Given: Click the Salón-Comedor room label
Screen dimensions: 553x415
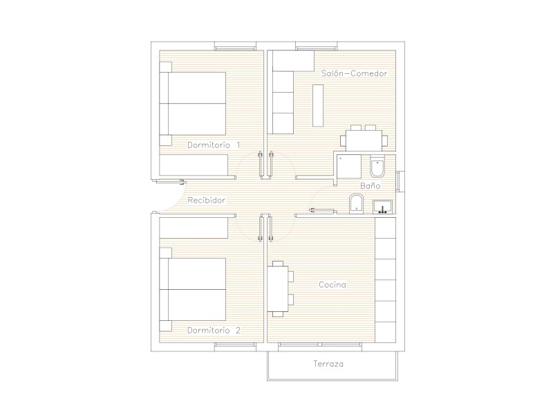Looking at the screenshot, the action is tap(354, 73).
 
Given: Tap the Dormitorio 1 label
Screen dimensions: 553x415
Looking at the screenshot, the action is tap(214, 145).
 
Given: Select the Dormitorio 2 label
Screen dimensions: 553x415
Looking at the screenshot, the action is tap(214, 331).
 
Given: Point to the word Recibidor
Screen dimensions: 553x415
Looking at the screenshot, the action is tap(206, 201).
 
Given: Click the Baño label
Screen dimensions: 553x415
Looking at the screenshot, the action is tap(371, 185).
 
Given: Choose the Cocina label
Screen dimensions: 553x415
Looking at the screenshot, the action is tap(332, 285).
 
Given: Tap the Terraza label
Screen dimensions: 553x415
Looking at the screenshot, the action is tap(328, 364).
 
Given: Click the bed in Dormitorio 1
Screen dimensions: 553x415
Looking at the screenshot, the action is tap(193, 103).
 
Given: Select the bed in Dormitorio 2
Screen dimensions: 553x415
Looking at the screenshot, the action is tap(193, 289).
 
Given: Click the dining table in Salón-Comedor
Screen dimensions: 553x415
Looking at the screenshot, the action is tap(364, 140).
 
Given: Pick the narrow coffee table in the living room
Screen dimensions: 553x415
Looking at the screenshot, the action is tap(318, 106).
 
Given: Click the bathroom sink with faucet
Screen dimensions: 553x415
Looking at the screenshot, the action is tap(382, 207).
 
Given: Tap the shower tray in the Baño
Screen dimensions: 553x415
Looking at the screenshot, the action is tap(349, 166).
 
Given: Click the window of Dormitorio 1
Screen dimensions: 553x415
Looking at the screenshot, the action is tap(235, 46).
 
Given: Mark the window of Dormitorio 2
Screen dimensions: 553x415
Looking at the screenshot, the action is tap(235, 347).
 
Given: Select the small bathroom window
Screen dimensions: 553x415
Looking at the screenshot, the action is tap(400, 181).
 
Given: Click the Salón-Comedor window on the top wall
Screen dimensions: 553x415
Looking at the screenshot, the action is tap(317, 46).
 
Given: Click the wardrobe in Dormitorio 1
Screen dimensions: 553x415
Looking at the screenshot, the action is tap(194, 165).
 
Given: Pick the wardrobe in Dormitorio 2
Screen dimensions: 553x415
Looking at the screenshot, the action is tap(194, 228).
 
